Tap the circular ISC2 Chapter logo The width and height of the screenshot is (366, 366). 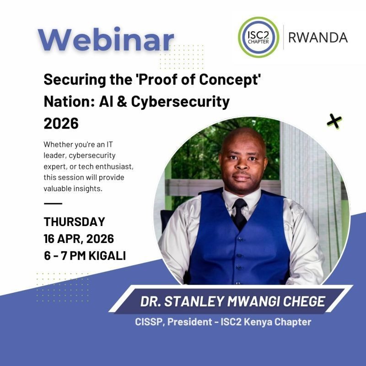coord(258,37)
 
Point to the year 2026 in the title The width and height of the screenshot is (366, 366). coord(61,123)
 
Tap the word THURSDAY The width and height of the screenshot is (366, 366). coord(74,222)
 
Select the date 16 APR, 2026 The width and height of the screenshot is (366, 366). coord(79,238)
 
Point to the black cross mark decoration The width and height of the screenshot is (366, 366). coord(334,121)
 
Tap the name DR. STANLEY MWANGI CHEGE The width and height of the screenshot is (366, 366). coord(232,301)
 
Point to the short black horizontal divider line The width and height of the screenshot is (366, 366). coord(53,203)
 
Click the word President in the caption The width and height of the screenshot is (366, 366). coord(189,322)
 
